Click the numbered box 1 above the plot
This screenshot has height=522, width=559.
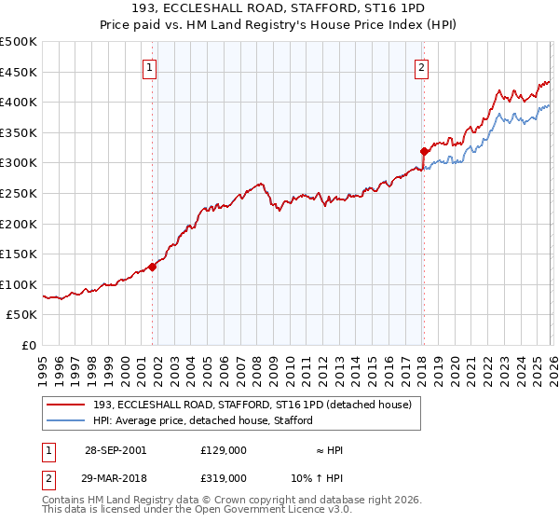(x=150, y=66)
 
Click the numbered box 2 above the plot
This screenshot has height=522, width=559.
(x=421, y=66)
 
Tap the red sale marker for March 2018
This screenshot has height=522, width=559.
(x=424, y=151)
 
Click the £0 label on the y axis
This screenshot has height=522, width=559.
(x=28, y=345)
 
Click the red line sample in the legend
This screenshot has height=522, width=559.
(x=66, y=404)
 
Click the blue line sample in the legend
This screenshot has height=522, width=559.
(x=66, y=420)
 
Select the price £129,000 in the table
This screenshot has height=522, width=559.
(x=223, y=450)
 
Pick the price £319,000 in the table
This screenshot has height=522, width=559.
(x=223, y=477)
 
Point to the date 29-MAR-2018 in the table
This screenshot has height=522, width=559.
(x=116, y=477)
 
